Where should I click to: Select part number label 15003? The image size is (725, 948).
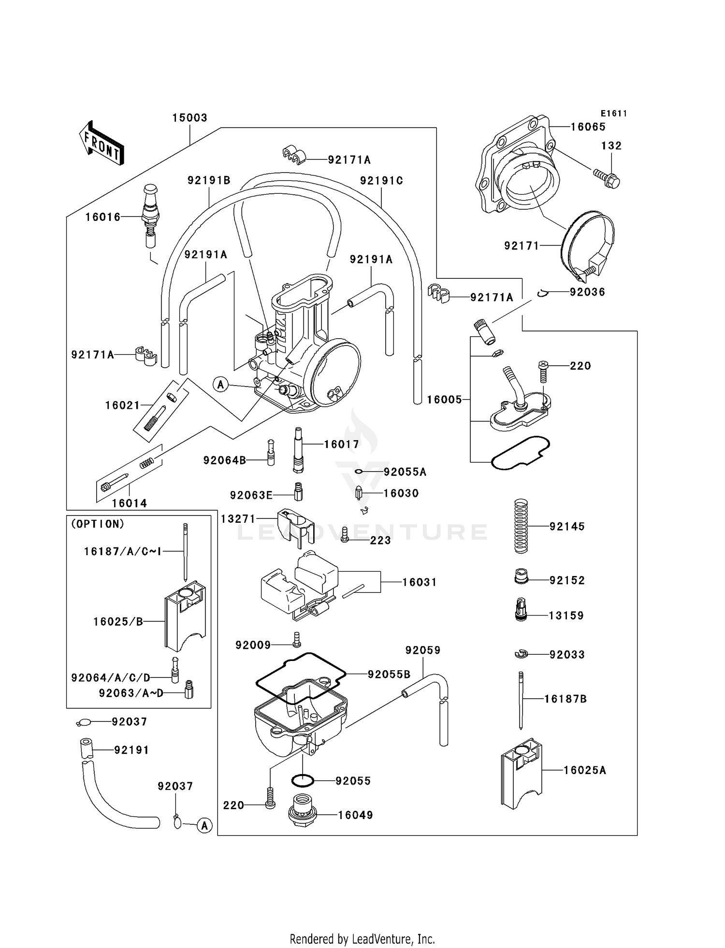coord(190,118)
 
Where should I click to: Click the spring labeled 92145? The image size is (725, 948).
coord(520,526)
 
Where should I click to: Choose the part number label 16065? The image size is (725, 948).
coord(588,127)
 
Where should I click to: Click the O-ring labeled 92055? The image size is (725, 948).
coord(303,780)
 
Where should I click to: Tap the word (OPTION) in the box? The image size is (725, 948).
coord(98,524)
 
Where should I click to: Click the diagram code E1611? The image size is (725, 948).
coord(614,114)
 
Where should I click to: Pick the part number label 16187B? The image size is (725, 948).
coord(565,699)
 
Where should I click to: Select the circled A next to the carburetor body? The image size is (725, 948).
coord(221,385)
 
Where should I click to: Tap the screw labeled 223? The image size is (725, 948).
coord(345,534)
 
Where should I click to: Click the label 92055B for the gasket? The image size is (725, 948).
coord(389,674)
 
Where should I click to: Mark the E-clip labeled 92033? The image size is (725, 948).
coord(521,654)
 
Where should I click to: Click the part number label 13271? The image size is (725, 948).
coord(238,519)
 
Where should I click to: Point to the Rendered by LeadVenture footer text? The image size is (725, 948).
coord(362,939)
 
